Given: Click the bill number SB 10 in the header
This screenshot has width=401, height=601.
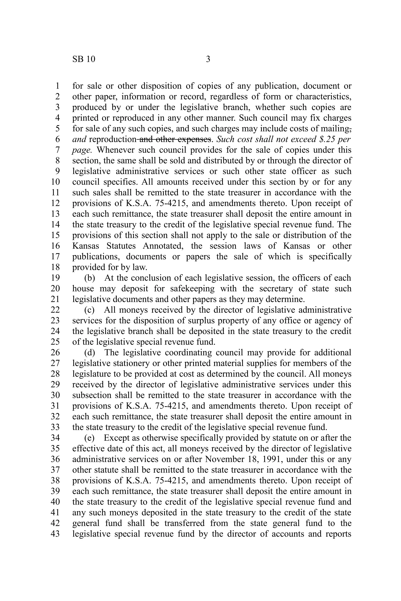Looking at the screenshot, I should [x=84, y=59].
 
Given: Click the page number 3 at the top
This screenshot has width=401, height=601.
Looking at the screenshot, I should [x=208, y=59].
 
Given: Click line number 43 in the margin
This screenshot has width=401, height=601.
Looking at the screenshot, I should [x=55, y=534].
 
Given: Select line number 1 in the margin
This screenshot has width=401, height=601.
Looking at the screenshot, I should [x=57, y=86].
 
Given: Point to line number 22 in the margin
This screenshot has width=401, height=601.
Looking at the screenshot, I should [x=55, y=310].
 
